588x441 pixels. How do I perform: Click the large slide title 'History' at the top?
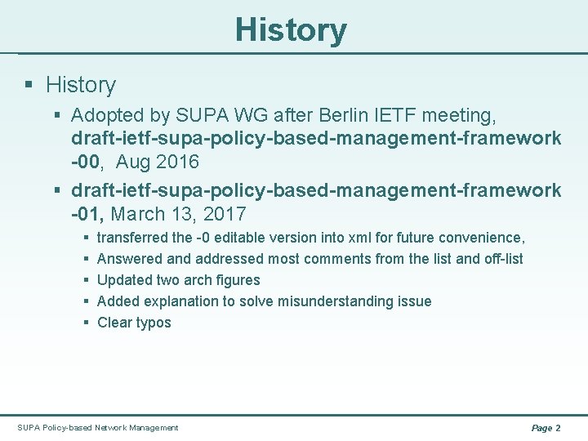click(x=291, y=30)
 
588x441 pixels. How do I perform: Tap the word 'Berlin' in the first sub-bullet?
click(x=368, y=116)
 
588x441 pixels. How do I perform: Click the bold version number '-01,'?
click(x=88, y=214)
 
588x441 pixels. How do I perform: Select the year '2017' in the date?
click(x=222, y=214)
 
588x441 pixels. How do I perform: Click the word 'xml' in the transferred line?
click(x=359, y=238)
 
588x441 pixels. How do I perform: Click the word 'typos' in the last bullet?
click(x=154, y=323)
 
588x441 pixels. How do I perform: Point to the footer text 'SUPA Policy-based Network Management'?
click(x=98, y=427)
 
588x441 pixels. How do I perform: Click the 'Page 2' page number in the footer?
click(x=546, y=427)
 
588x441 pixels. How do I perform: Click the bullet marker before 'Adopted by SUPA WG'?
click(x=58, y=116)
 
